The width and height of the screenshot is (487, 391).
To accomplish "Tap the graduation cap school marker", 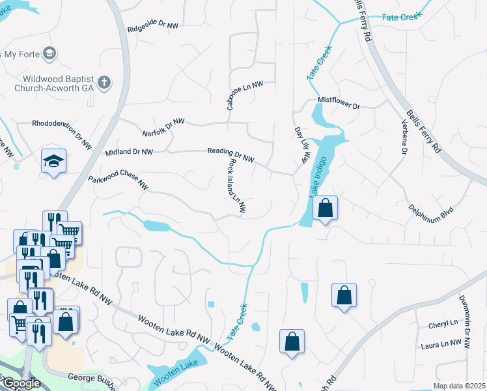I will (53, 160).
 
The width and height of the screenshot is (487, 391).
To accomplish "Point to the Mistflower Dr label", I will (339, 102).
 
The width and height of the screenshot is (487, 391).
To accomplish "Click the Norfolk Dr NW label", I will (164, 127).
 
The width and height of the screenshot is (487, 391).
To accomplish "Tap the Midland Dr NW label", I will (129, 152).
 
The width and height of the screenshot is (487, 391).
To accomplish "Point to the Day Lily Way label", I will (300, 145).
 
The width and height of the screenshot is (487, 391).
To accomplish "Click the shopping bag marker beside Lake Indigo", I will (326, 209).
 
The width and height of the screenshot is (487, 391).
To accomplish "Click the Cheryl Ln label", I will (443, 324).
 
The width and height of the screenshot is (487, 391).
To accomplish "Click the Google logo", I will (21, 383).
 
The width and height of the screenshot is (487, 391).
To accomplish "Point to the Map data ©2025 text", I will (460, 386).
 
